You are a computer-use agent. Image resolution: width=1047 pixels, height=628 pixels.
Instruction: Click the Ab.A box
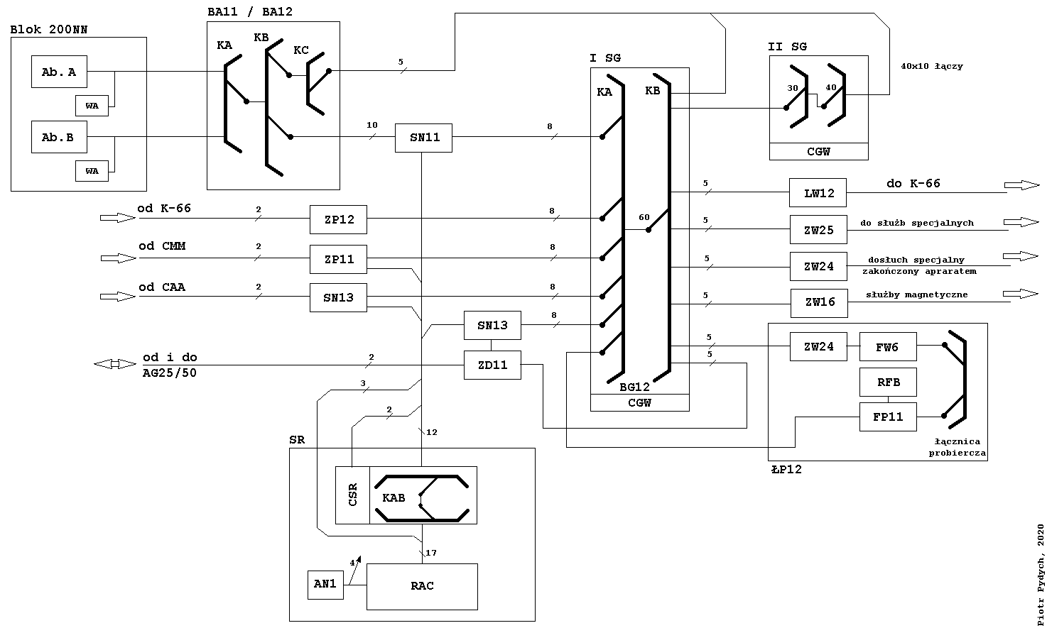pos(59,72)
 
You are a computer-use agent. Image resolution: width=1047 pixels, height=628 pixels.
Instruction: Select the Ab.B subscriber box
pos(58,137)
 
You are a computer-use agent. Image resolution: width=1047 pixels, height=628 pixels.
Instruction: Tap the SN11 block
pos(425,137)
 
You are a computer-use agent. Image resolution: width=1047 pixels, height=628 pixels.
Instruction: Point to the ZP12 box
pos(339,219)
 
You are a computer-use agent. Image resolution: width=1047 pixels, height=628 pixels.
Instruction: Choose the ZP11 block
pos(339,259)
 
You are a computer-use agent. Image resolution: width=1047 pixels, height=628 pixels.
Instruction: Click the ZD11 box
pos(492,365)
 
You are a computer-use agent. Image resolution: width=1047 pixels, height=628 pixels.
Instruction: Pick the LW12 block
pos(818,192)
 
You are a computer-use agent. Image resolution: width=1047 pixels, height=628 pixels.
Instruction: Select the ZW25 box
pos(818,230)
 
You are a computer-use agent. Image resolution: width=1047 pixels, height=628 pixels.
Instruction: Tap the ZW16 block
pos(819,302)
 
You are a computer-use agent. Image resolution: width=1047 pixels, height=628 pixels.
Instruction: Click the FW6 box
pos(887,347)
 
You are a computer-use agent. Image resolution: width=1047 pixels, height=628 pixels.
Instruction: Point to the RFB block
pos(887,382)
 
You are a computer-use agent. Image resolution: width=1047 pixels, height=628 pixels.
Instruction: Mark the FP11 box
pos(887,417)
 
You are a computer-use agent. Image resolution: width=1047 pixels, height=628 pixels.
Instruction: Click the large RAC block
pos(422,586)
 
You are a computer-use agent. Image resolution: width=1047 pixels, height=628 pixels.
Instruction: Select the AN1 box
pos(325,584)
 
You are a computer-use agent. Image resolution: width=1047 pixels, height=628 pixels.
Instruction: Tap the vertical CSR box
pos(352,495)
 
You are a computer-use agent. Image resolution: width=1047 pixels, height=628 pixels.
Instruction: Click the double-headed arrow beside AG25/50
pos(114,364)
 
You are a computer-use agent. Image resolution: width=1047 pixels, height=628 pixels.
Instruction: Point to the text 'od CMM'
pos(162,246)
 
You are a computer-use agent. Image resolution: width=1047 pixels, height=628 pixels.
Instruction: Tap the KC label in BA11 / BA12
pos(301,50)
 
